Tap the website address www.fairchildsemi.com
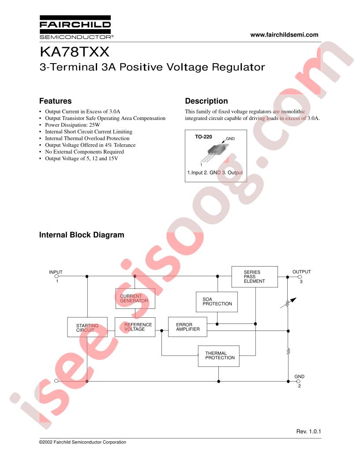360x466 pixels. click(x=284, y=35)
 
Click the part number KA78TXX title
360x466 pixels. click(x=75, y=52)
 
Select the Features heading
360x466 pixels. click(x=55, y=101)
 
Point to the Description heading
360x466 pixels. click(x=206, y=101)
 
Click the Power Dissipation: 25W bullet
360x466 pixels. click(x=72, y=125)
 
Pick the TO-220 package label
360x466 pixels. click(x=203, y=137)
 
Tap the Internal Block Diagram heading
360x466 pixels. click(x=82, y=235)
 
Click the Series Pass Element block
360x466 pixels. click(x=255, y=277)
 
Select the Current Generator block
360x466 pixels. click(x=135, y=298)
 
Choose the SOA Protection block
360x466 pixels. click(x=217, y=302)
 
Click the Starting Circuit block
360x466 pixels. click(x=87, y=327)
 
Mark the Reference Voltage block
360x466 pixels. click(x=135, y=327)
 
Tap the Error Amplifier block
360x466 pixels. click(x=187, y=327)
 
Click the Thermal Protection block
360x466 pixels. click(x=219, y=356)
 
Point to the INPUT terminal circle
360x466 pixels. click(x=57, y=276)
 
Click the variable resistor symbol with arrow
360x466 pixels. click(x=288, y=303)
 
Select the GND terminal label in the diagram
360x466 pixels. click(x=300, y=376)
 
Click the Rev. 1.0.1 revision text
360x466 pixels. click(x=309, y=431)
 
